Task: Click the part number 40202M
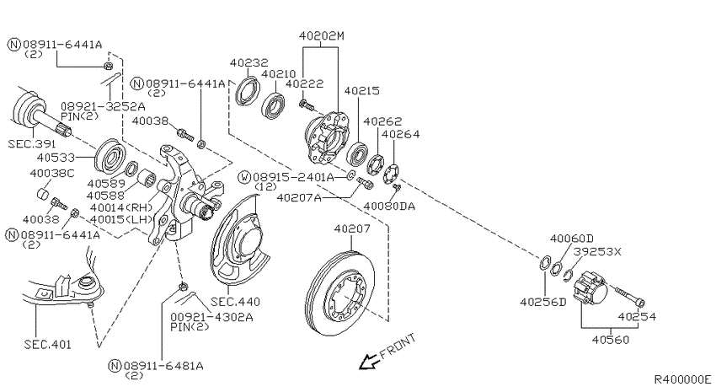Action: pos(322,35)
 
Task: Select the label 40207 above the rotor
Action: pos(352,228)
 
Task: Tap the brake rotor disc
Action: pos(341,293)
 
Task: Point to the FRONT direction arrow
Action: pos(368,362)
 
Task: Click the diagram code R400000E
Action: pos(682,379)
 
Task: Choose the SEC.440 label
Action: pos(235,302)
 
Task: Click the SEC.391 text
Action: pos(32,144)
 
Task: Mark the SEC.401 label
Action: pos(48,345)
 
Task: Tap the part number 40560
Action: pos(611,340)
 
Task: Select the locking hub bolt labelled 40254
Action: pos(630,297)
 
